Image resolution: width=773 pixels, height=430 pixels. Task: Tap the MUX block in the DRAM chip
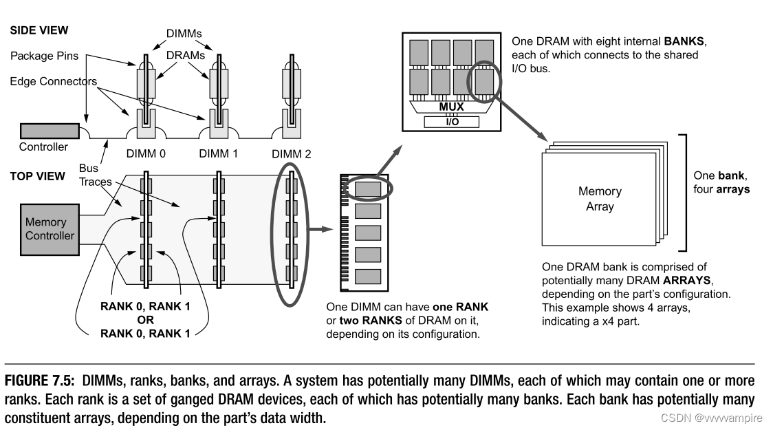coord(450,107)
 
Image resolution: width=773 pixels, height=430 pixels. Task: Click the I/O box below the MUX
coord(450,121)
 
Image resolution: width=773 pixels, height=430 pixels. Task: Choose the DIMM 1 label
coord(218,153)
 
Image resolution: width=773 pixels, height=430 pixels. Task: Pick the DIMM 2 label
coord(291,153)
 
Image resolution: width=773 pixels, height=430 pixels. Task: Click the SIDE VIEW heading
coord(39,31)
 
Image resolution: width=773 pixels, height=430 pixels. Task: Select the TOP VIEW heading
coord(37,176)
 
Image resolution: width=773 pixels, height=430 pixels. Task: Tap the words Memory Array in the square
coord(599,199)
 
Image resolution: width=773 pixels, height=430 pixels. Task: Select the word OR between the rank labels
coord(145,320)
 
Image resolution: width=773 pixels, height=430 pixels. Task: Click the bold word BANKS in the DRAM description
coord(681,43)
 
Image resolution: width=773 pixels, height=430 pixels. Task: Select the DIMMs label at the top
coord(184,32)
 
